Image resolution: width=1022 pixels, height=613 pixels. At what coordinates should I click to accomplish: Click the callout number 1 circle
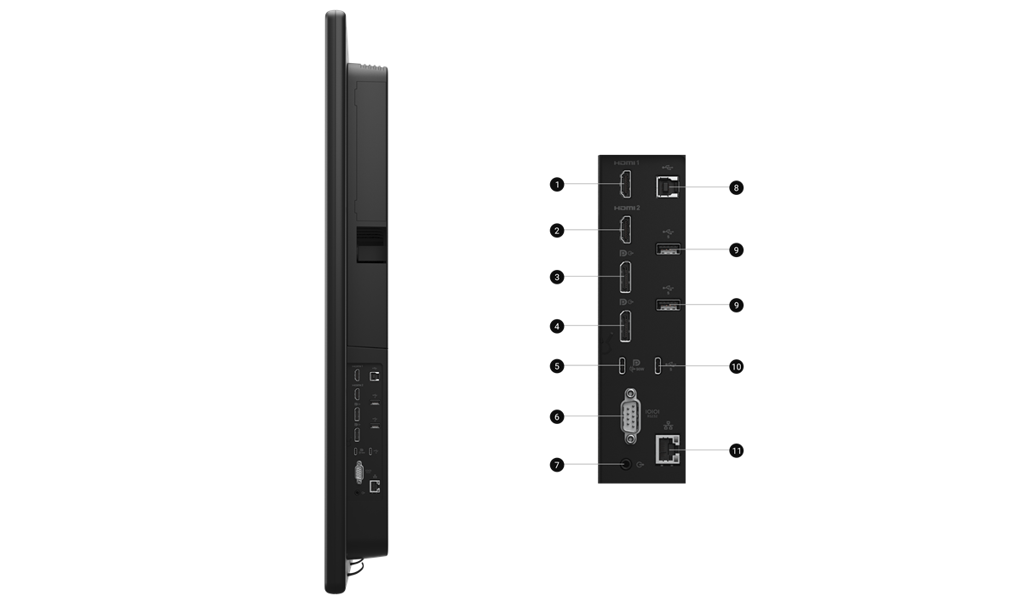coord(557,184)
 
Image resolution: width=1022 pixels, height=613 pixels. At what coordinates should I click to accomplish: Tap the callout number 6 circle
coord(557,417)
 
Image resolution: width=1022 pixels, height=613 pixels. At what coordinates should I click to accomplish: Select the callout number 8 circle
coord(736,186)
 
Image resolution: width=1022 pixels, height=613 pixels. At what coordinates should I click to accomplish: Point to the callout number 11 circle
coord(736,450)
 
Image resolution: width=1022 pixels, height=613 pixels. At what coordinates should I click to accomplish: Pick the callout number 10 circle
coord(736,367)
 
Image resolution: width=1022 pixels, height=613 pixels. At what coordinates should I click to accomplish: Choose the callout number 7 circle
coord(557,465)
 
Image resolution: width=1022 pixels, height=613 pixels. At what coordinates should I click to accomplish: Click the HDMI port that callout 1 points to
coord(626,185)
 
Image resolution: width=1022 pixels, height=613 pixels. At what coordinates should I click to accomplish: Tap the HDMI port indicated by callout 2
coord(626,231)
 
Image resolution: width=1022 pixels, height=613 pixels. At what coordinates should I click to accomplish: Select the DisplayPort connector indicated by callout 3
coord(626,278)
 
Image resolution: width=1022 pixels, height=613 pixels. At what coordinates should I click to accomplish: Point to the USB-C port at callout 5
coord(623,366)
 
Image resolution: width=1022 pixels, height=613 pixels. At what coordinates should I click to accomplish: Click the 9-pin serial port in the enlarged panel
coord(631,416)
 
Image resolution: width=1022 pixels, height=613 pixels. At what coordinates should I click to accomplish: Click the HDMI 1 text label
coord(626,162)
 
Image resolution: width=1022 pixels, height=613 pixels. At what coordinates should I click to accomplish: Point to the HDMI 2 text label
coord(626,207)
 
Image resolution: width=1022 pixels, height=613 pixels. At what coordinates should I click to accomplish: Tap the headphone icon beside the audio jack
coord(641,465)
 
